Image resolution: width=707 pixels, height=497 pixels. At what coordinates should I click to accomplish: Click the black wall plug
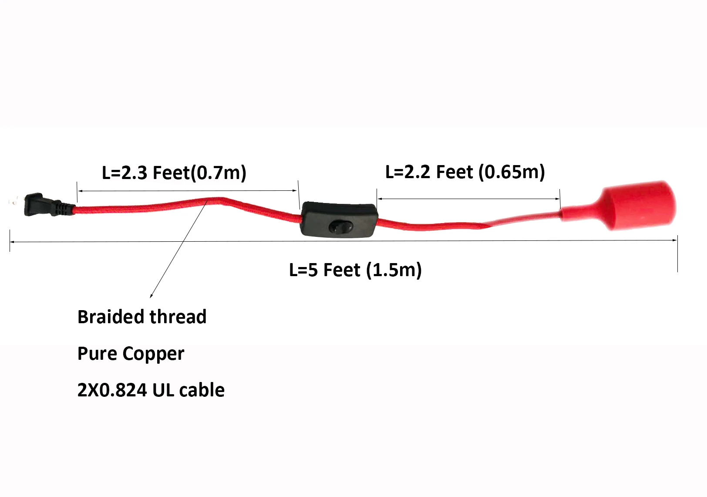click(39, 205)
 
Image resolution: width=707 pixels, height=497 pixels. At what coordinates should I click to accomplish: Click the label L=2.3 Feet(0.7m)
click(174, 173)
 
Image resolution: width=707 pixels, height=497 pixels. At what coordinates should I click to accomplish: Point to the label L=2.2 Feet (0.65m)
click(465, 172)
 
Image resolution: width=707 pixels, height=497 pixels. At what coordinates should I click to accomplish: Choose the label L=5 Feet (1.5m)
click(355, 270)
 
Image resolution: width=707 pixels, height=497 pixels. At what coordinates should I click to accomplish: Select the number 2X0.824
click(111, 390)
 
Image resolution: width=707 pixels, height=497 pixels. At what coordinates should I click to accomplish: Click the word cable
click(202, 390)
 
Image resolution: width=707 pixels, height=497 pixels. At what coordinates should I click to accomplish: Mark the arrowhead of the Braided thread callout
click(151, 296)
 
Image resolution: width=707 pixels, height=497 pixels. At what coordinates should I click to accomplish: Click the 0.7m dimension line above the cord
click(187, 190)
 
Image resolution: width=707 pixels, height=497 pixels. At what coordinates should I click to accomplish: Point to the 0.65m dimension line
click(468, 199)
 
